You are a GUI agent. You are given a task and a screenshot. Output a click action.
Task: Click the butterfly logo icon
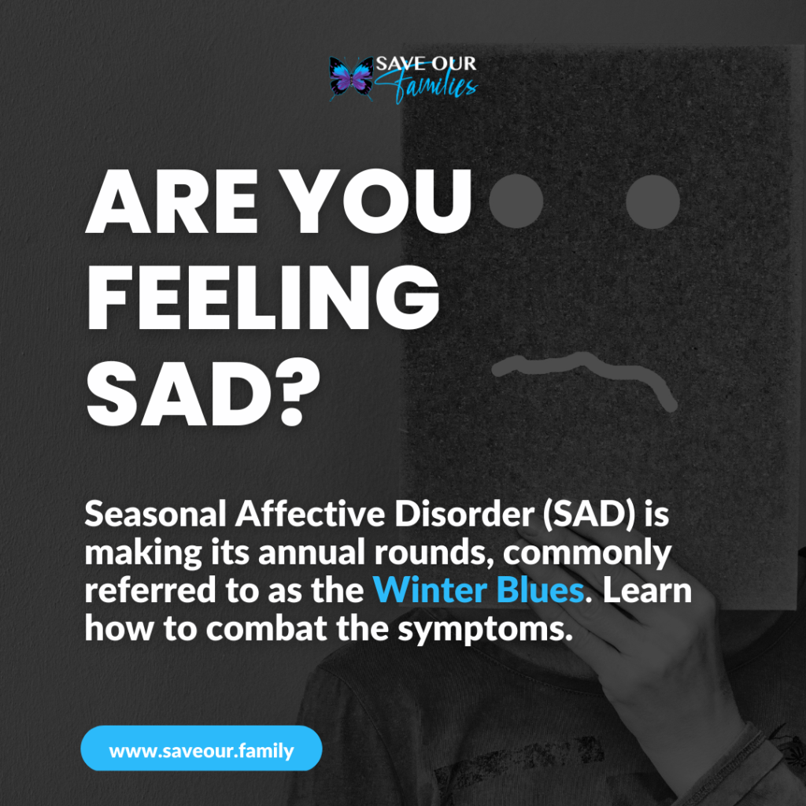(x=350, y=78)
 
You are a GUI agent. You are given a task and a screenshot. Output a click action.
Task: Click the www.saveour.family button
(x=201, y=749)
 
